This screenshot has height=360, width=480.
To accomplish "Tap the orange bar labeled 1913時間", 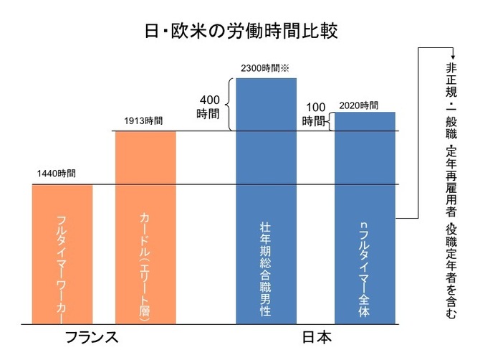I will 145,226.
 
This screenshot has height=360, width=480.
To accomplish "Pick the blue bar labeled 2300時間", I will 266,201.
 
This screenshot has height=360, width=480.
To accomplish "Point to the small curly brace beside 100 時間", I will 330,121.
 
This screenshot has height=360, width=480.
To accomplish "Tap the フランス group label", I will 91,337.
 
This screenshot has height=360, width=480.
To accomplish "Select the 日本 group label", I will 316,337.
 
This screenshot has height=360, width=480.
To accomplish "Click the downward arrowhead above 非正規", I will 451,59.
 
